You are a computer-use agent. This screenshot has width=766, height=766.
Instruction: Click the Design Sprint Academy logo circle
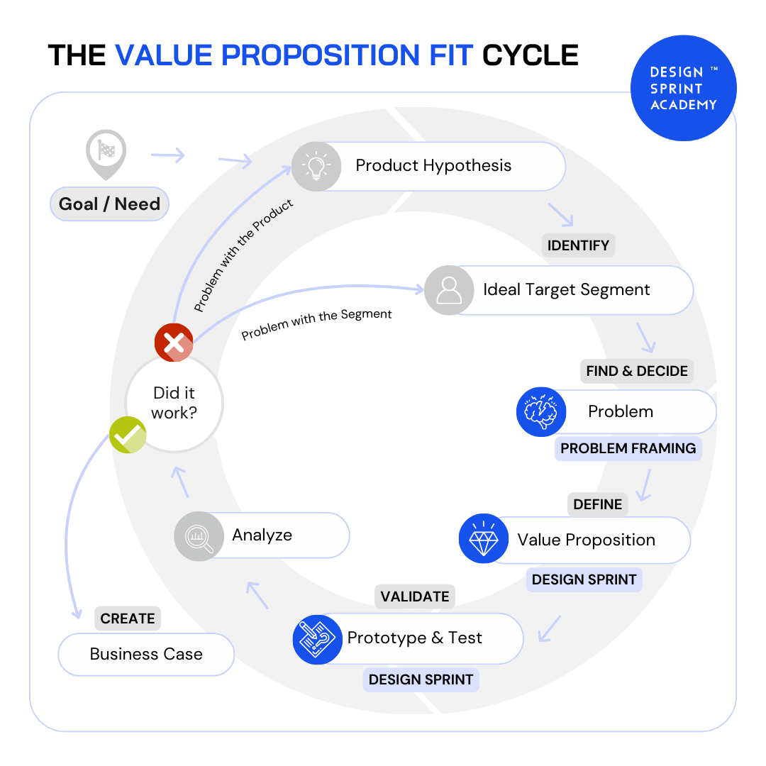pos(683,89)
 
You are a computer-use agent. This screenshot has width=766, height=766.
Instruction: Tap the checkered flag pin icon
pos(106,152)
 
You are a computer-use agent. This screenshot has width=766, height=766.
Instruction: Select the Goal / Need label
pos(109,204)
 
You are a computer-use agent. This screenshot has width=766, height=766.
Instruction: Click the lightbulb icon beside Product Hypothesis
pos(316,167)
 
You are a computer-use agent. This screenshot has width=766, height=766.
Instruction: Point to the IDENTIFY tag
pos(578,245)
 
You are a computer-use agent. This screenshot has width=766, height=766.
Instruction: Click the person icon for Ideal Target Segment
pos(449,290)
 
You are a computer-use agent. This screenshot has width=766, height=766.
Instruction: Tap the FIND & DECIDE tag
pos(636,371)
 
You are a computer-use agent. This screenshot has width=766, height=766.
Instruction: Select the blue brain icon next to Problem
pos(541,411)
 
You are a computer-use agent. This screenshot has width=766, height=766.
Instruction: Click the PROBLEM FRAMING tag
pos(628,448)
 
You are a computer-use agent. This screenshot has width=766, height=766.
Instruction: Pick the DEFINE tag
pos(597,504)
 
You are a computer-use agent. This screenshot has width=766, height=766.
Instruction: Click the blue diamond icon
pos(484,539)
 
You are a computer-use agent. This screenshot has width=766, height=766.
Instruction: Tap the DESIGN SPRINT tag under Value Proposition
pos(584,579)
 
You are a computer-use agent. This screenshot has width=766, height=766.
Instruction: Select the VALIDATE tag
pos(414,596)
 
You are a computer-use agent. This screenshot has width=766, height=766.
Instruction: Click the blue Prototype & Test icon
pos(317,639)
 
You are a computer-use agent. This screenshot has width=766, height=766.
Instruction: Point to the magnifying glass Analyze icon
pos(199,536)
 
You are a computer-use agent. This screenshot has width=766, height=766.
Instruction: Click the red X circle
pos(174,343)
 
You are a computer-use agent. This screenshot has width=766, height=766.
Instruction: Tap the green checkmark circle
pos(128,435)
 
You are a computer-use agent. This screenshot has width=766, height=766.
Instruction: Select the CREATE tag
pos(128,618)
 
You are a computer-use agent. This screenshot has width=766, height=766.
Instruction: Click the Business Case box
pos(146,654)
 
